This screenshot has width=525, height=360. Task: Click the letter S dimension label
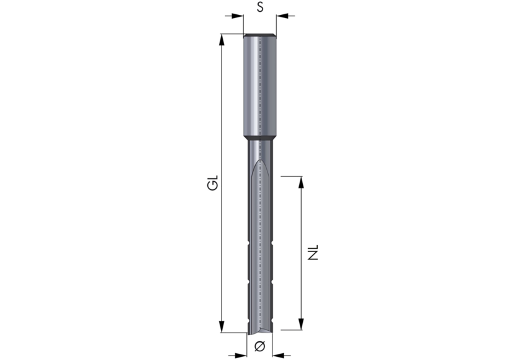[260, 7]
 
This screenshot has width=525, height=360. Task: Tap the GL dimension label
[213, 182]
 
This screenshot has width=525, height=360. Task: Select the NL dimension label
[313, 253]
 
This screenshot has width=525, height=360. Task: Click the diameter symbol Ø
[260, 346]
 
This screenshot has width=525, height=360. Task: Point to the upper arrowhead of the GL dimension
[222, 40]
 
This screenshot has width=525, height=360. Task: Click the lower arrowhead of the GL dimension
[222, 326]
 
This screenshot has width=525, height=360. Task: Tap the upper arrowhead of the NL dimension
[301, 182]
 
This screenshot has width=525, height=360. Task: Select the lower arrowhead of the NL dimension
[301, 324]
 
